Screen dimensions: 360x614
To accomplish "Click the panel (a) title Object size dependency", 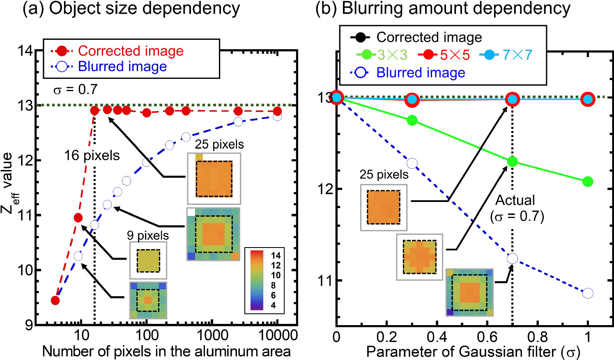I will (x=131, y=9).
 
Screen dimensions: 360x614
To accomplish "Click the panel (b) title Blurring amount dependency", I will (x=443, y=9).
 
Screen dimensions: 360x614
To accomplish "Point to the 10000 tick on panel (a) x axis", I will (x=278, y=335).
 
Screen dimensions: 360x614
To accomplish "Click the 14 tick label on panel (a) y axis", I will (x=25, y=51).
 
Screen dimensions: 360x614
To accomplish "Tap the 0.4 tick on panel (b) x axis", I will (x=437, y=337).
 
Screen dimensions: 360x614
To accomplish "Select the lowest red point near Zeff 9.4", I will (x=55, y=300).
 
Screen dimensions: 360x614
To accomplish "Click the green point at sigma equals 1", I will (x=588, y=181).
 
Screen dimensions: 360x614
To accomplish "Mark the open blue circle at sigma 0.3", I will (x=412, y=163).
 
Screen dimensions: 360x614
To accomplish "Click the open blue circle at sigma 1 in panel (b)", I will (x=588, y=293).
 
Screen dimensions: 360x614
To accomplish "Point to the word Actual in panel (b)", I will (x=515, y=200).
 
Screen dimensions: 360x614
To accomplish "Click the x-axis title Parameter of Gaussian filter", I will (x=472, y=352).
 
